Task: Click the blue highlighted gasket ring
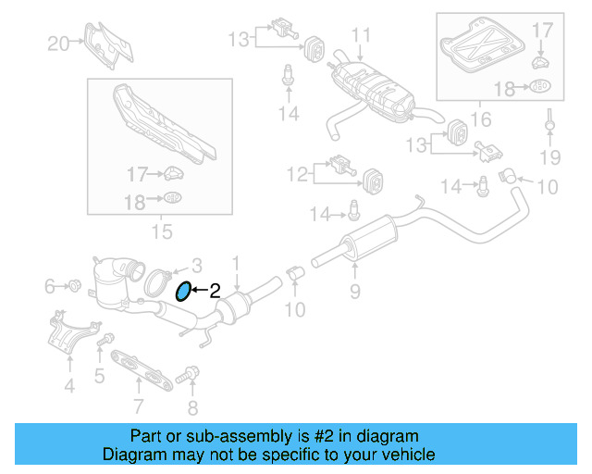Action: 183,292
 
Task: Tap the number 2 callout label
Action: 215,290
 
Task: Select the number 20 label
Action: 58,43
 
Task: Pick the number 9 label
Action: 354,293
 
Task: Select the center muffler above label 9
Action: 365,233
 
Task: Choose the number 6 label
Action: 51,287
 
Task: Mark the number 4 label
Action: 69,386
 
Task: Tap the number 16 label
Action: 479,118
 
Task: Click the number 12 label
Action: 296,172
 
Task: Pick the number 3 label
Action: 196,265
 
